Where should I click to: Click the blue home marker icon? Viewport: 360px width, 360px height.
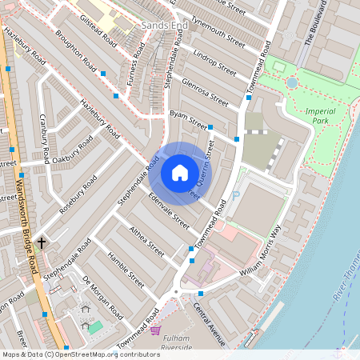[x=179, y=172]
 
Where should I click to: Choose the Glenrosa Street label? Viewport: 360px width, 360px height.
[x=206, y=91]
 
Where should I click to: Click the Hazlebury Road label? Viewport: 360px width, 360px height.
[x=99, y=116]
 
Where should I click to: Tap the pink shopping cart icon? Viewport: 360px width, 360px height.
[x=155, y=330]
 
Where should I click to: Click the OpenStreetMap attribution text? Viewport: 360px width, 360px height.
[x=80, y=354]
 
